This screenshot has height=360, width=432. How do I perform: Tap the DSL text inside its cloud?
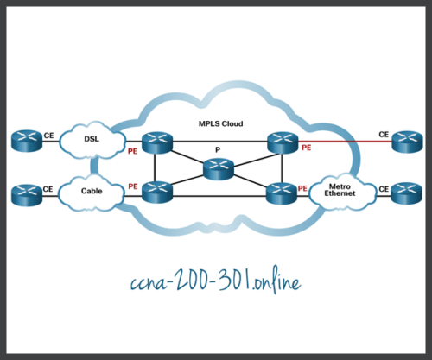point(92,140)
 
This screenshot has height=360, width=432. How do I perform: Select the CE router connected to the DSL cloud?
point(27,139)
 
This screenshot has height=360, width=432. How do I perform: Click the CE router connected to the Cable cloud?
point(27,192)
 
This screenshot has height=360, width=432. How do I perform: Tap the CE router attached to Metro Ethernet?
point(406,192)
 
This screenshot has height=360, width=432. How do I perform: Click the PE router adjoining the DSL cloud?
point(158,140)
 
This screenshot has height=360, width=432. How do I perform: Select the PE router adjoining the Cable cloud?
point(158,192)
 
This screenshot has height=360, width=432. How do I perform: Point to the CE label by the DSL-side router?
point(48,135)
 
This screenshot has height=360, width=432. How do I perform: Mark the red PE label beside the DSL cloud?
point(132,149)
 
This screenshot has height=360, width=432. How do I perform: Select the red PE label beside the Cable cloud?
point(133,185)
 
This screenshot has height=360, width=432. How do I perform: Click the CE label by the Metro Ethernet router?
point(384,186)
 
